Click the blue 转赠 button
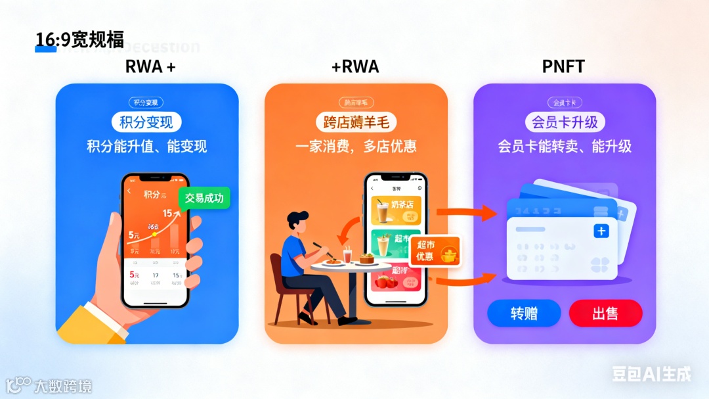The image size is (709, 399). (524, 314)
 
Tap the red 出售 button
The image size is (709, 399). (605, 314)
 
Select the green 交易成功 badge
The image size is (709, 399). (204, 198)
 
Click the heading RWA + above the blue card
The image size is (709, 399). (150, 66)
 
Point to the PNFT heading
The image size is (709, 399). (563, 66)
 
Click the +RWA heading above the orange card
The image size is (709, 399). (355, 66)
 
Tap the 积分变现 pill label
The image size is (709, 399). (146, 122)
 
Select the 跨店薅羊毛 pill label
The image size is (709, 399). (356, 122)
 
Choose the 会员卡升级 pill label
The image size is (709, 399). (565, 122)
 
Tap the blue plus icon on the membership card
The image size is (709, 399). (601, 231)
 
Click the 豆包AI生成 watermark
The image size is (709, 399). (651, 374)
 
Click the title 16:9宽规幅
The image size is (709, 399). (79, 40)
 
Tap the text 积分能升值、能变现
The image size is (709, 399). (146, 146)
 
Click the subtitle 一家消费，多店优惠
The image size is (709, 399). (356, 146)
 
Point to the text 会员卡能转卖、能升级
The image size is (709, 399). (565, 146)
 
